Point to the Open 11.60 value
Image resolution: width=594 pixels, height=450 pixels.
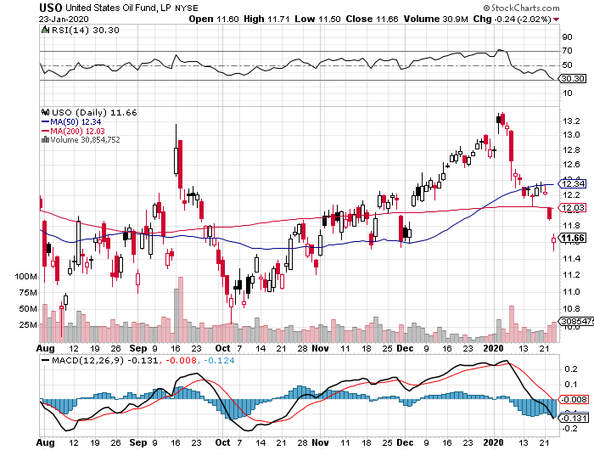pos(214,19)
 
